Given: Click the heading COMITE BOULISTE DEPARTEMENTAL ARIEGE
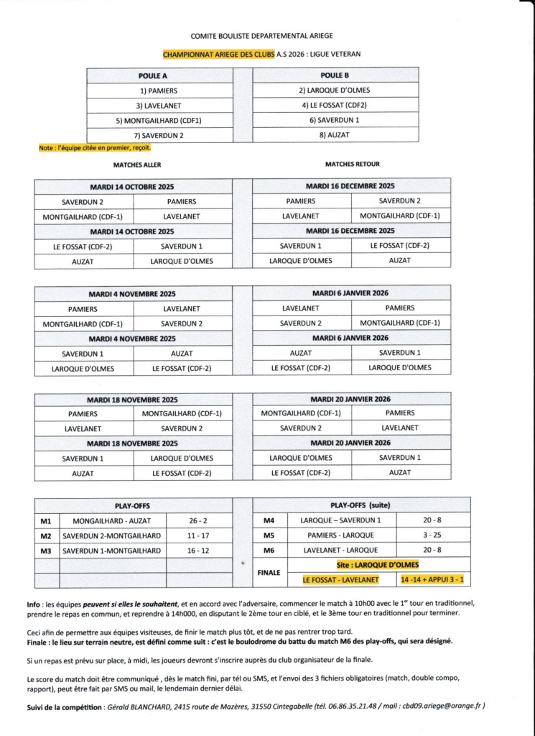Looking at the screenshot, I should pos(261,35).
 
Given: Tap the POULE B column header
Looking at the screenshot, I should pos(335,75).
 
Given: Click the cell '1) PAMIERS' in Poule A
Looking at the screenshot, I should pos(159,91).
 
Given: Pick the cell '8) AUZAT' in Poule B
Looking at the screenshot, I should pos(335,134).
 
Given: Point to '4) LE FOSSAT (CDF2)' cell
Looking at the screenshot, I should pos(335,105).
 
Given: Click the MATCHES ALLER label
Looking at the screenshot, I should pos(137,165).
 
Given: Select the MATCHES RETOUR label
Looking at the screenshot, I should pos(350,165).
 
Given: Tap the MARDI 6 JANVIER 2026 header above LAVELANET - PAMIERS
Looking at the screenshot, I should pos(350,293).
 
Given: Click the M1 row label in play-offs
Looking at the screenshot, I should pos(46,520).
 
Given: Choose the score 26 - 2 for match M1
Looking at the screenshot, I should pos(199,520).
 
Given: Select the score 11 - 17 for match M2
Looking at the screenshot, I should pos(199,535).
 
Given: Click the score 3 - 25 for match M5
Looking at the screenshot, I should pos(433,535).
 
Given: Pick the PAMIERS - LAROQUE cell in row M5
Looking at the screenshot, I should pos(341,535).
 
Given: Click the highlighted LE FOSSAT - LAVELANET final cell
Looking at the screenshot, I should pos(341,579).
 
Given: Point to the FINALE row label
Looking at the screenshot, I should pos(269,573).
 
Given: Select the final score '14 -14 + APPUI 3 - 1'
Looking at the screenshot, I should pos(433,579).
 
